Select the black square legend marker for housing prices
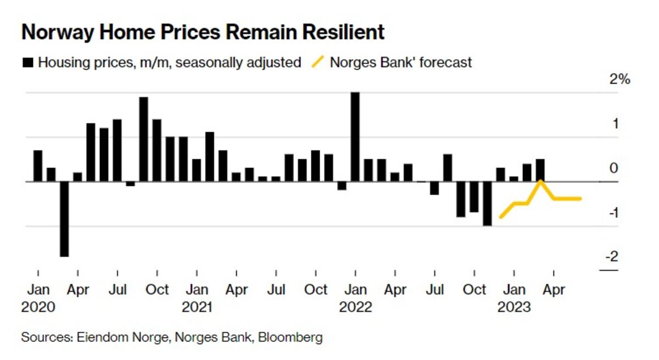click(x=27, y=63)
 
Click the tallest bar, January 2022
click(x=355, y=137)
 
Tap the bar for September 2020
click(x=144, y=139)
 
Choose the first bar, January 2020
click(x=38, y=165)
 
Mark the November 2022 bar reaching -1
click(x=487, y=203)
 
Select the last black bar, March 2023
click(x=540, y=170)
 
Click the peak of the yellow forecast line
click(x=540, y=181)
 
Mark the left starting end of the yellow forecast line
click(x=500, y=217)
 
